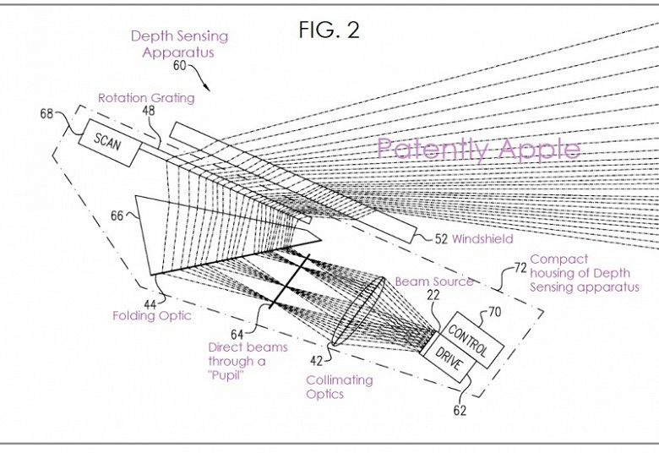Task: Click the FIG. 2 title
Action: click(x=329, y=30)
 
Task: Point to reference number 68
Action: click(x=47, y=113)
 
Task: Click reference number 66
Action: click(x=117, y=216)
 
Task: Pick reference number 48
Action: click(x=148, y=112)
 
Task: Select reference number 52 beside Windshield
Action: click(x=441, y=239)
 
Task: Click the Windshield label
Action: click(x=482, y=239)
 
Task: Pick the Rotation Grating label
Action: click(x=146, y=98)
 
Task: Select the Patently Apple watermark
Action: click(x=478, y=150)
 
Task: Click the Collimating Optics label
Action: click(x=339, y=387)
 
